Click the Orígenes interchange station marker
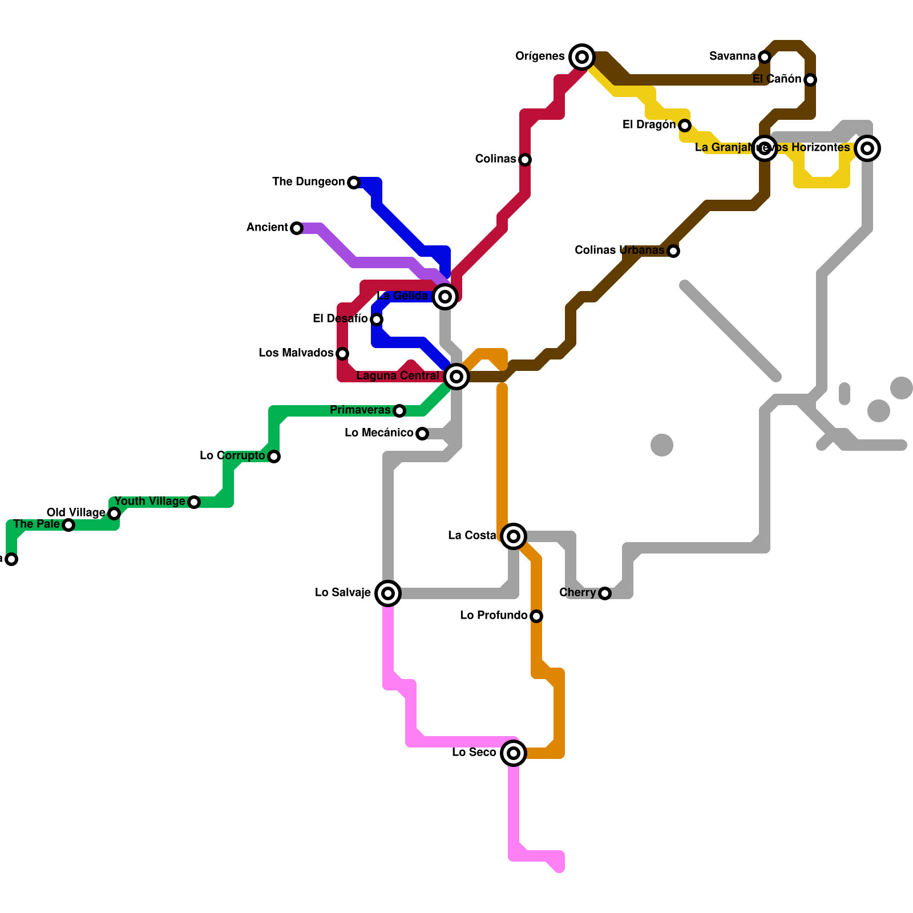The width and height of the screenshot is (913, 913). pyautogui.click(x=581, y=56)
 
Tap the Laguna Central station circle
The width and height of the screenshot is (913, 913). pyautogui.click(x=456, y=376)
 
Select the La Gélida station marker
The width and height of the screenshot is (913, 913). pyautogui.click(x=445, y=296)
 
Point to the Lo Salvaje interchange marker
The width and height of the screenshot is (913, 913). pyautogui.click(x=387, y=593)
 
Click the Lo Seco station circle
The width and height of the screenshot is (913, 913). pyautogui.click(x=513, y=753)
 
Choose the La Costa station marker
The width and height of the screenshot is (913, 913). pyautogui.click(x=513, y=536)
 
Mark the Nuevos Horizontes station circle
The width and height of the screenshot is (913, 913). pyautogui.click(x=867, y=148)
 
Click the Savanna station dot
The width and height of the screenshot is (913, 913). pyautogui.click(x=764, y=56)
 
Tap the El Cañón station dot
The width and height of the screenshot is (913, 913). pyautogui.click(x=810, y=79)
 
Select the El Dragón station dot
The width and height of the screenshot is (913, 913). pyautogui.click(x=684, y=125)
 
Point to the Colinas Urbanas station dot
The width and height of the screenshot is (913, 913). pyautogui.click(x=673, y=251)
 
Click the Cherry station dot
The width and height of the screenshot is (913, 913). pyautogui.click(x=604, y=593)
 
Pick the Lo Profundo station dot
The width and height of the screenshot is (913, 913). pyautogui.click(x=536, y=616)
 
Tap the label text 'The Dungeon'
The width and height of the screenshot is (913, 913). pyautogui.click(x=308, y=181)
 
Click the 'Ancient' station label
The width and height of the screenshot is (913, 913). pyautogui.click(x=267, y=227)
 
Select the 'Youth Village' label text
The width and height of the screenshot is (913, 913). pyautogui.click(x=150, y=501)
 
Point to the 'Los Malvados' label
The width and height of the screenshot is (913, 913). pyautogui.click(x=296, y=353)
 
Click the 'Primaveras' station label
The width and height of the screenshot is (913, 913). pyautogui.click(x=360, y=410)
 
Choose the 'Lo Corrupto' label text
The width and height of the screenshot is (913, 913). pyautogui.click(x=232, y=455)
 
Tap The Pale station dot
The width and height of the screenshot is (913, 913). pyautogui.click(x=68, y=524)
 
